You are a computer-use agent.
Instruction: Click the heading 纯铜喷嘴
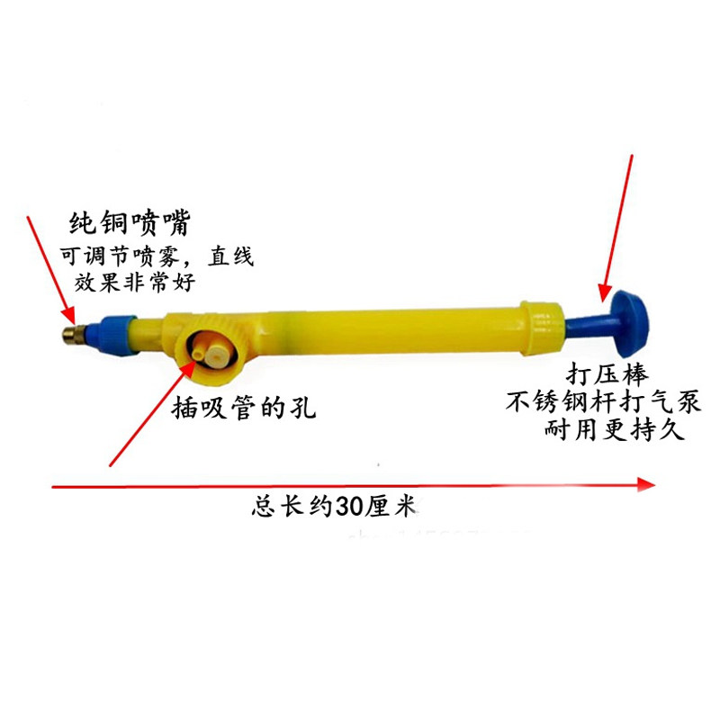tap(131, 222)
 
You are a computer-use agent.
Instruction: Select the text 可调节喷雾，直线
tap(157, 257)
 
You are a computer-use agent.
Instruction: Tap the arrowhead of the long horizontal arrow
tap(645, 485)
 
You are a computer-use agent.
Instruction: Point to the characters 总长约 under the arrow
tap(292, 506)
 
